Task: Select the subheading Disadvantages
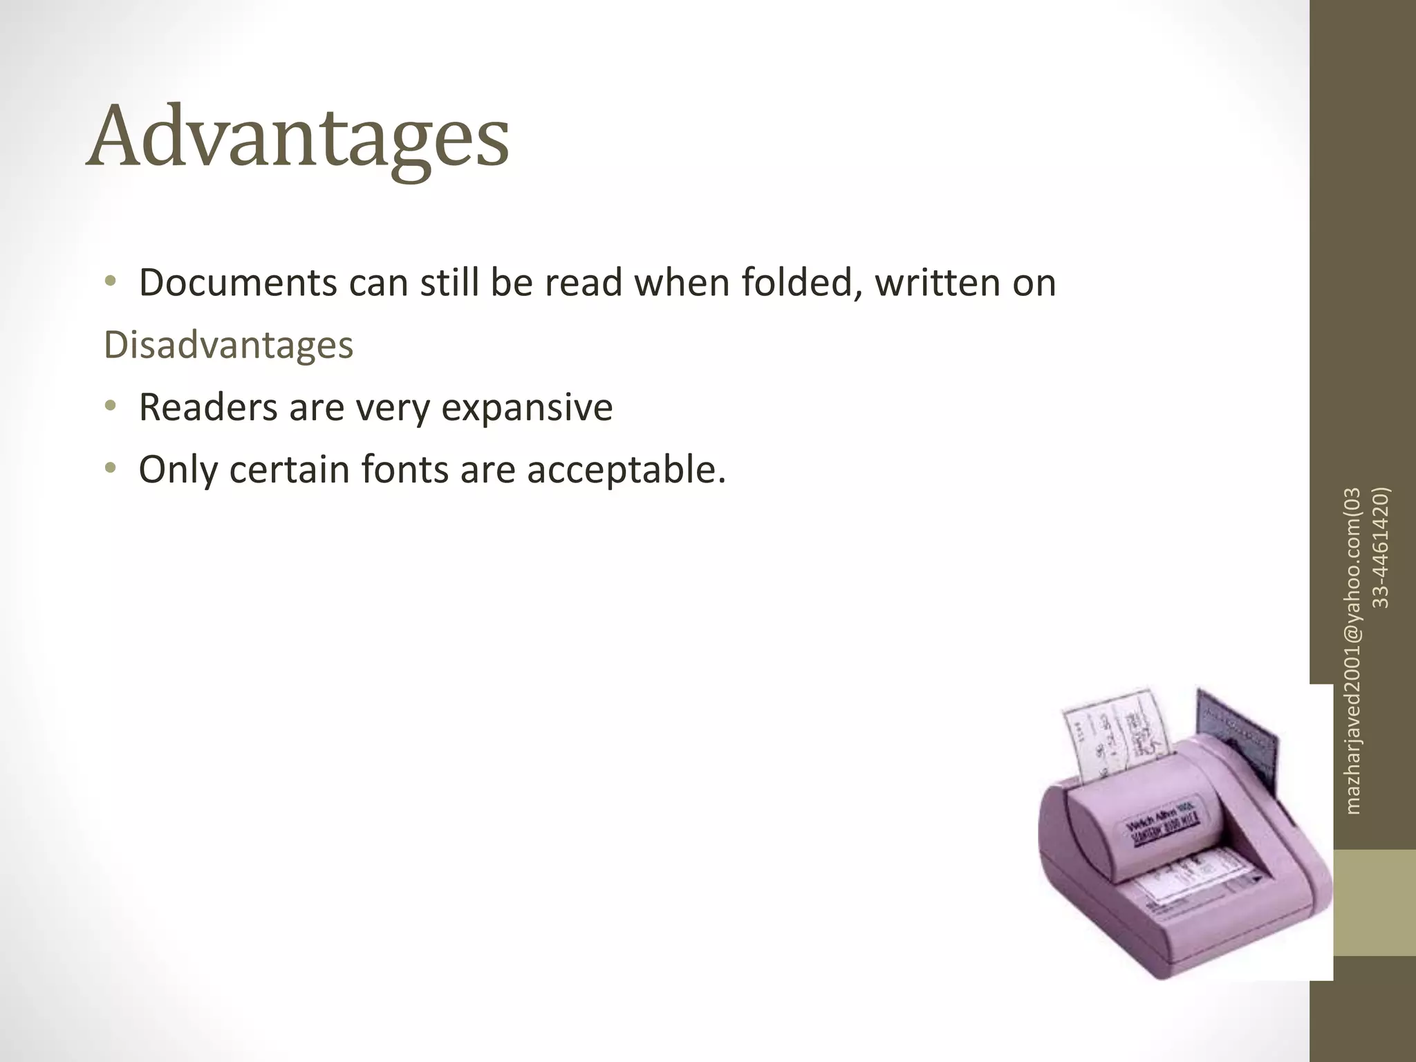pyautogui.click(x=228, y=345)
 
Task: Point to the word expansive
pyautogui.click(x=526, y=407)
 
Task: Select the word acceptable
pyautogui.click(x=626, y=469)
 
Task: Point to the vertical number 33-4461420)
pyautogui.click(x=1380, y=546)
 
